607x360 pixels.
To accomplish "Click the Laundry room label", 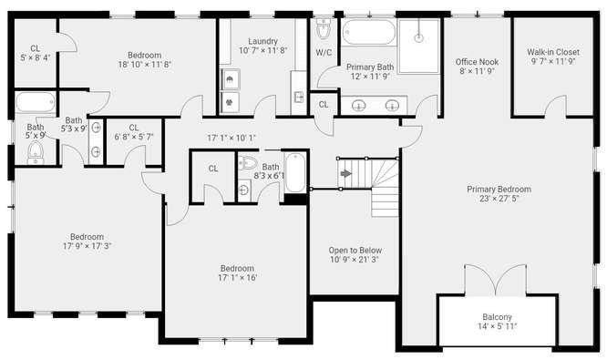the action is point(262,41).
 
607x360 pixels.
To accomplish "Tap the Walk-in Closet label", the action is point(553,52).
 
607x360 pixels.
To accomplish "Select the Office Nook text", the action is point(477,62).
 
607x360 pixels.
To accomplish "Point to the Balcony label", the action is point(497,316).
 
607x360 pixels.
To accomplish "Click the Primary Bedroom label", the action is point(499,190).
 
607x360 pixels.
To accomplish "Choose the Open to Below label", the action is point(355,250).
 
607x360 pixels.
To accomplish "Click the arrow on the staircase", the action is point(346,173).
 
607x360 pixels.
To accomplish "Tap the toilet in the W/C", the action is point(324,28).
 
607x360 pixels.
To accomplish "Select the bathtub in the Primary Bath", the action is point(369,32).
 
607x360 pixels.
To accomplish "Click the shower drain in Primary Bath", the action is point(418,38).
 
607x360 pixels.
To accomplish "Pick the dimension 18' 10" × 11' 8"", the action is point(144,65).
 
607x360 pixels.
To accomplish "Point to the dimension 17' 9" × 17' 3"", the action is point(87,246).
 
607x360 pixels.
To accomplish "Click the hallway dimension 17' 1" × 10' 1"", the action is point(231,138).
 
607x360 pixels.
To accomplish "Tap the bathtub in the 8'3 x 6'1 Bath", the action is point(295,172).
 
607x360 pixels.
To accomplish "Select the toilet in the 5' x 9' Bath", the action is point(36,152).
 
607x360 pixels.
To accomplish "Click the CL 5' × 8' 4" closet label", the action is point(36,54).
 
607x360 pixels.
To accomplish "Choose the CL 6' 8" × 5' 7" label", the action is point(134,132).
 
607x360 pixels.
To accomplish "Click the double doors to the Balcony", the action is point(495,280).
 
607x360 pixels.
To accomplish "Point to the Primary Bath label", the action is point(370,67).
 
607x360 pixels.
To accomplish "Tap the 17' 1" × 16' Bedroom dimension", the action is point(237,278).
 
